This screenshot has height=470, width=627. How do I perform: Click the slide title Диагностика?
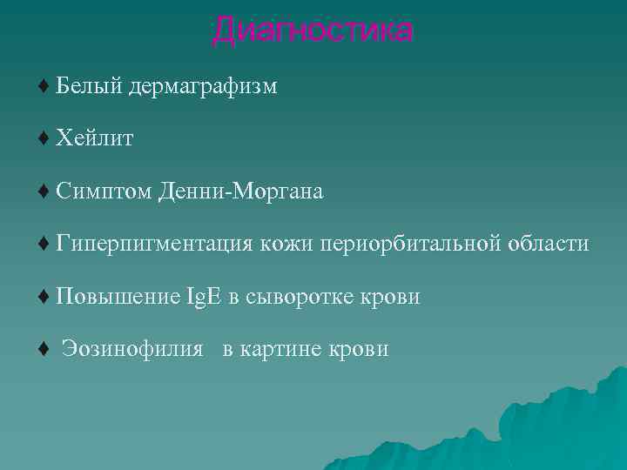pos(313,30)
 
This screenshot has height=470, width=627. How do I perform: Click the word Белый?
pos(89,86)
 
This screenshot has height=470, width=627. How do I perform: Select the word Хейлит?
pos(95,139)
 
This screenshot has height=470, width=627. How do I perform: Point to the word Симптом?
pos(103,192)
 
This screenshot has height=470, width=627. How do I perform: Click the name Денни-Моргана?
pos(241,192)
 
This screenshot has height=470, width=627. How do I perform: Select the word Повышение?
pos(118,298)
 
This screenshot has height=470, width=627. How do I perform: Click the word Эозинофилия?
pos(132,350)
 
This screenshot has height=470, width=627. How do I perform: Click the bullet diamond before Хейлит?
pos(44,139)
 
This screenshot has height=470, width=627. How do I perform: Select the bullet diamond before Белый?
pos(44,86)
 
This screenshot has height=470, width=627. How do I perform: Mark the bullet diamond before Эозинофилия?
pos(44,350)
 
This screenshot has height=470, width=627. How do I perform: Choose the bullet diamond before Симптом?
pos(44,192)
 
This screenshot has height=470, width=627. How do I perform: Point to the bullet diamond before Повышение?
pos(44,298)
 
